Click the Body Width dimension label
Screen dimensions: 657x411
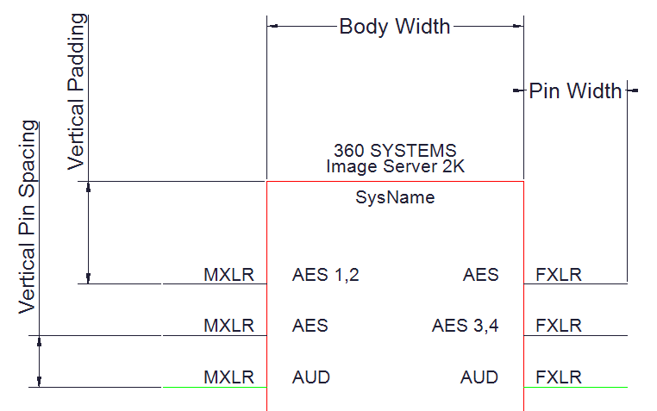(395, 27)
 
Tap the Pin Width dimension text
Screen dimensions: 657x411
(575, 90)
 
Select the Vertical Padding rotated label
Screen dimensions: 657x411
(78, 91)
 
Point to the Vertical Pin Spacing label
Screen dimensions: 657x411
(28, 217)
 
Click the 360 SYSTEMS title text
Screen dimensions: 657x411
(395, 150)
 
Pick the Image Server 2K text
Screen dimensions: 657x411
(395, 166)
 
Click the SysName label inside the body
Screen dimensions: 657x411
(395, 197)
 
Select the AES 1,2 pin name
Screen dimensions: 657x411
(326, 275)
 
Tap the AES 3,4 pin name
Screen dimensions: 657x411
(465, 326)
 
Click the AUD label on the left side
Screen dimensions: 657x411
(311, 377)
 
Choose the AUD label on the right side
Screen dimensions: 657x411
(479, 377)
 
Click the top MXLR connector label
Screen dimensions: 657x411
(228, 275)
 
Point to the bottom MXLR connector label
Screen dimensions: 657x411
(228, 377)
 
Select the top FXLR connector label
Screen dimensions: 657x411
(559, 275)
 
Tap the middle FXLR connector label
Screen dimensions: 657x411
(559, 326)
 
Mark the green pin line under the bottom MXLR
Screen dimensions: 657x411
(215, 387)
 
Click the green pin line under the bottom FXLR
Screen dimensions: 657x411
(576, 387)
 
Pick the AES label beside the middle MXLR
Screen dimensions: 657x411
(310, 326)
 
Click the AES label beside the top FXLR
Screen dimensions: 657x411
(480, 275)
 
